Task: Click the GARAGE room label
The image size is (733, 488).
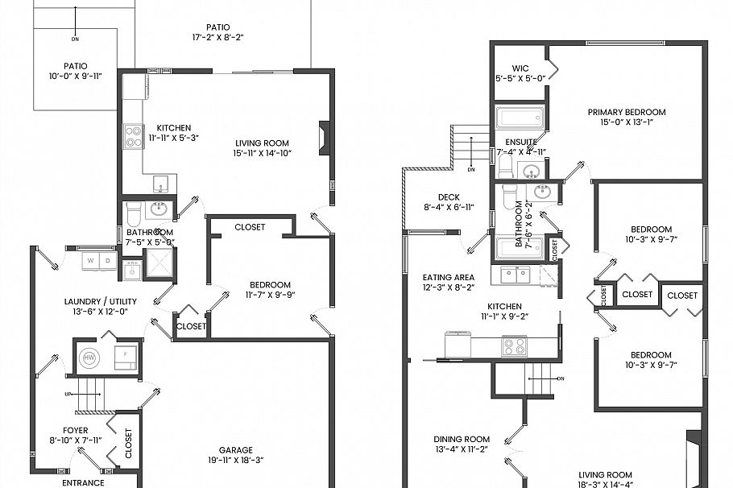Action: pos(235,450)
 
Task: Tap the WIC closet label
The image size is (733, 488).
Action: pos(520,68)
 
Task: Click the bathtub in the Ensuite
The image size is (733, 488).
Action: pos(520,118)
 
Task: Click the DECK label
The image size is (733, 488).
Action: pos(449,196)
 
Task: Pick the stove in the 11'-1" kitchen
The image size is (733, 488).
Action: pos(514,346)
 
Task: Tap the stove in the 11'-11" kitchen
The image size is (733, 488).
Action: pos(133,138)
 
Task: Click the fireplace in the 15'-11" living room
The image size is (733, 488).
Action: pos(324,138)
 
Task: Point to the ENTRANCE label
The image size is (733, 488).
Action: pos(84,482)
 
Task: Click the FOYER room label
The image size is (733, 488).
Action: pos(76,430)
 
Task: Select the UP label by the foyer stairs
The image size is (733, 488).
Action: pos(68,394)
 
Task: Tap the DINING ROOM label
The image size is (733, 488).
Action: pos(462,440)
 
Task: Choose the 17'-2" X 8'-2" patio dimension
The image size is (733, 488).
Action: pos(217,37)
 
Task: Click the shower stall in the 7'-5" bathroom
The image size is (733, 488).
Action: pos(159,263)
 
